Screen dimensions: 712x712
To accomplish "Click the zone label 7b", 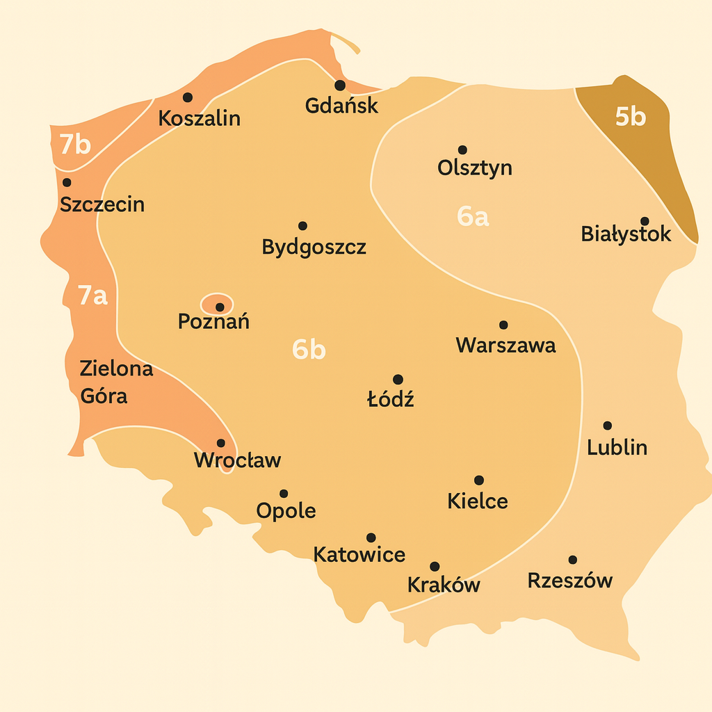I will tap(75, 144).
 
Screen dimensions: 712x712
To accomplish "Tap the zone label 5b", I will tap(631, 117).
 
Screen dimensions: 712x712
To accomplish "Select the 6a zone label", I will tap(473, 216).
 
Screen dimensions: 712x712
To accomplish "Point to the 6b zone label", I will tap(309, 350).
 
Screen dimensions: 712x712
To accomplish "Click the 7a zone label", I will tap(92, 296).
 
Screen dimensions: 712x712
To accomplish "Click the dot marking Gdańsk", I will tap(339, 86).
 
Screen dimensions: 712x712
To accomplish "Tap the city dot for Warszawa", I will tap(503, 325).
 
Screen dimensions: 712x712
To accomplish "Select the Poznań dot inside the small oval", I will tap(220, 307).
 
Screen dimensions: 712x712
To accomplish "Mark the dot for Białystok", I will tap(645, 221).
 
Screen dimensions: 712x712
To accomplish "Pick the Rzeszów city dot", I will tap(572, 560).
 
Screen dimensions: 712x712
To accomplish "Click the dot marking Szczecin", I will tap(67, 183).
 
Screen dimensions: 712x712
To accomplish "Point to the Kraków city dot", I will tap(435, 566).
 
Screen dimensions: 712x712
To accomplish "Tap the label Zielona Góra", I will tap(116, 382).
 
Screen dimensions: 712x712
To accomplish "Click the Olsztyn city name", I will tap(475, 168).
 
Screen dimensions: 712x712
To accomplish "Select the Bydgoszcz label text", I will tap(314, 247).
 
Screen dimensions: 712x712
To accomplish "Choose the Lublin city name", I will tap(617, 447).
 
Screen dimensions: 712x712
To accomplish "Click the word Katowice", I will tap(359, 554).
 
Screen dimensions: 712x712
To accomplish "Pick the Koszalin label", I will tap(199, 118).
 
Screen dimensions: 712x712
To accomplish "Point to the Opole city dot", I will tap(284, 494).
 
